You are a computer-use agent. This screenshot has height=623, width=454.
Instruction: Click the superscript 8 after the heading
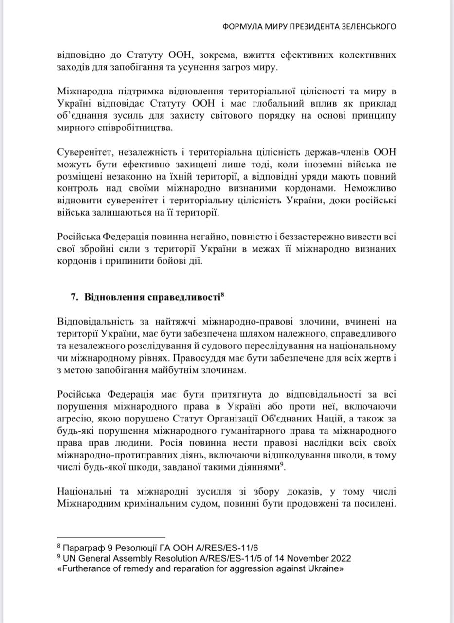coord(222,294)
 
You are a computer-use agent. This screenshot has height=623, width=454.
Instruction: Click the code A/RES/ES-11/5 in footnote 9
coord(204,558)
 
